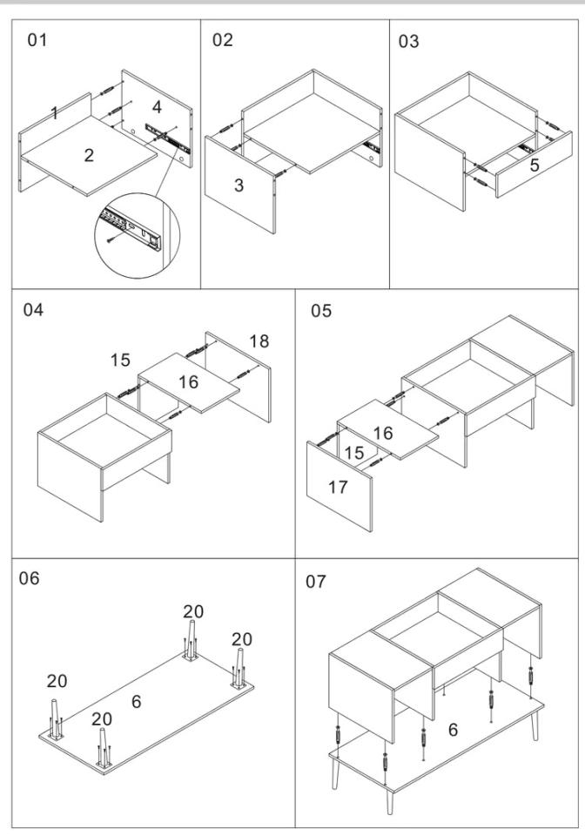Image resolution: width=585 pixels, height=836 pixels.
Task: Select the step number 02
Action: [x=223, y=41]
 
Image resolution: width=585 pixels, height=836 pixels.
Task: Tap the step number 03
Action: [x=408, y=41]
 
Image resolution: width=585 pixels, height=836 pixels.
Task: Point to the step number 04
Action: [x=34, y=311]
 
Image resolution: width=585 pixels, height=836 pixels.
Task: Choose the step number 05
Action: [x=323, y=311]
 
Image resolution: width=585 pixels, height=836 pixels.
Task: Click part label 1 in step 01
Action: [x=54, y=112]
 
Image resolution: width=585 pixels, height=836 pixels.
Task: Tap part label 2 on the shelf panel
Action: [x=88, y=155]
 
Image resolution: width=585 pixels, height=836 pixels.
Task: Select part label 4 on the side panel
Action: [x=156, y=108]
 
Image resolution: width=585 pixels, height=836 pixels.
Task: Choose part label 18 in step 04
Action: [x=259, y=342]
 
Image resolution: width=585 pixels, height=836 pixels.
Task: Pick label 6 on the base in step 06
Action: [x=136, y=701]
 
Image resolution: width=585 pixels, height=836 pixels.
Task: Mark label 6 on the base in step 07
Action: [x=453, y=730]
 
